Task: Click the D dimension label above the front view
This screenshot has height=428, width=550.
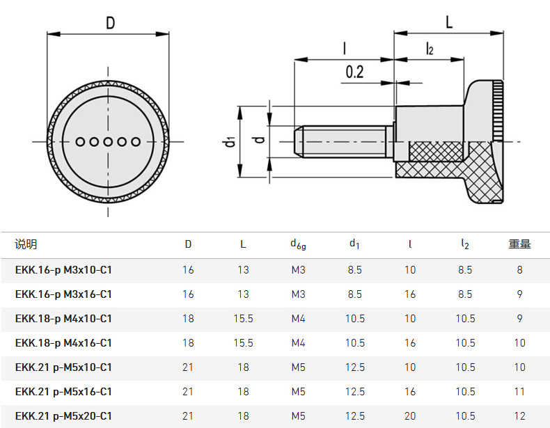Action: [x=110, y=23]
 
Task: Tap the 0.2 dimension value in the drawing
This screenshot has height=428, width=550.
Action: [x=354, y=71]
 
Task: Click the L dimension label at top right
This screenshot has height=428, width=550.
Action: [x=449, y=22]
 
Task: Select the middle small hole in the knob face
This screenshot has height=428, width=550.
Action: [x=108, y=142]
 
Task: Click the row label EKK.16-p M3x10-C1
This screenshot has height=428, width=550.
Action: [x=63, y=270]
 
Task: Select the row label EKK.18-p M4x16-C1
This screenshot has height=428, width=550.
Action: [x=63, y=343]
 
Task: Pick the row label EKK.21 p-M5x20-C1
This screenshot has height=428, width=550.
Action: [x=63, y=416]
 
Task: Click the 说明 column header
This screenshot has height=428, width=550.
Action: [x=26, y=244]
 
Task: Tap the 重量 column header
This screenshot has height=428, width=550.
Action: [x=519, y=244]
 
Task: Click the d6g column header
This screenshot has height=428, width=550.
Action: [x=298, y=244]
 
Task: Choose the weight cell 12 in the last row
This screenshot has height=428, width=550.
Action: [x=519, y=416]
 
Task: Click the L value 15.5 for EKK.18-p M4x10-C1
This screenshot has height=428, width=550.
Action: [x=243, y=319]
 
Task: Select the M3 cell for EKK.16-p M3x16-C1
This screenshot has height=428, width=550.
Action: [x=298, y=294]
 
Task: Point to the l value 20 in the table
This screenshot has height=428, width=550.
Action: [x=410, y=416]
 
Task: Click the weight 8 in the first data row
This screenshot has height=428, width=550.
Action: [x=519, y=270]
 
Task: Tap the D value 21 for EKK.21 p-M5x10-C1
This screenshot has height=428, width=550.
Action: [x=188, y=367]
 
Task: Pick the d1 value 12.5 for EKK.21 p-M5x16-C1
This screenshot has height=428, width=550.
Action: [x=354, y=392]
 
